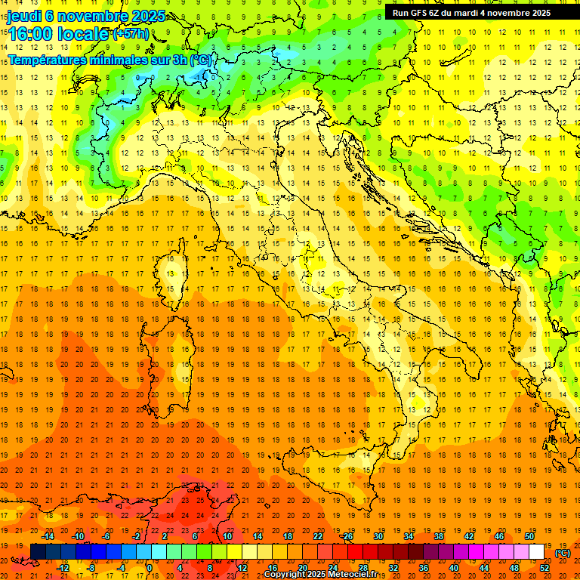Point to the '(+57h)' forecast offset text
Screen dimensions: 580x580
tap(131, 33)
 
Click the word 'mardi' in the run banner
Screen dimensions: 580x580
tap(477, 13)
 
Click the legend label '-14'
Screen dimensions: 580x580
tap(48, 536)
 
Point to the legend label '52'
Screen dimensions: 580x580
tap(545, 568)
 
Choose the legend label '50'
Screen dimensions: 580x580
tap(529, 536)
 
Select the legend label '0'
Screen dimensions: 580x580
tap(150, 568)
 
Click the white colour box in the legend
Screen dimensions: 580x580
tap(537, 552)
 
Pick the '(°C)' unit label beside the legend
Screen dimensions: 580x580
tap(563, 552)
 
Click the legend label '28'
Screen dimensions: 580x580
tap(363, 568)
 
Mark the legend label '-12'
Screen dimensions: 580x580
tap(63, 568)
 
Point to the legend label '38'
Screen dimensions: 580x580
tap(438, 536)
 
